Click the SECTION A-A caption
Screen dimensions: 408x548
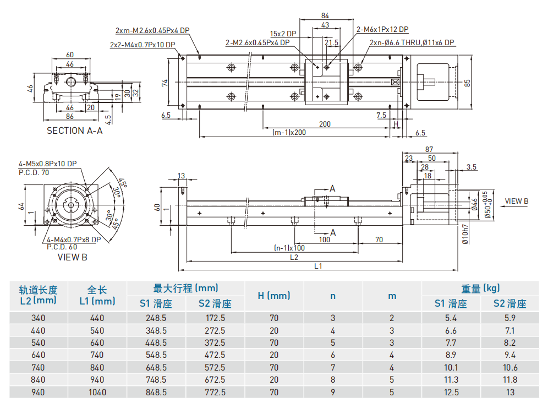pos(74,130)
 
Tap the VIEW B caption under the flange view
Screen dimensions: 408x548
pos(72,257)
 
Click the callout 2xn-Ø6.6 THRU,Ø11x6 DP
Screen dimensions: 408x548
pos(412,42)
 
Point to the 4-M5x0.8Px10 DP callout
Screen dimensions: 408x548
pos(48,164)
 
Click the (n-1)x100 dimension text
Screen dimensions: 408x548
pos(289,248)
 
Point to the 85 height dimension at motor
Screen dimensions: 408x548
pos(467,83)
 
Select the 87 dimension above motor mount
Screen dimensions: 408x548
pos(429,149)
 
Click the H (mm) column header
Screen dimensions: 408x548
pos(273,296)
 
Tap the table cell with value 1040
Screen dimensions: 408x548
pos(97,392)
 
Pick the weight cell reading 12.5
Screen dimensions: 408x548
pos(451,392)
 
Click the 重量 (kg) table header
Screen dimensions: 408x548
pos(480,288)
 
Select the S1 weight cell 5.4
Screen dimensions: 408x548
pos(451,318)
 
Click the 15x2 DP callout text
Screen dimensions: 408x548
pos(283,34)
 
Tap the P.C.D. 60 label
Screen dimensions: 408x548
pos(62,247)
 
